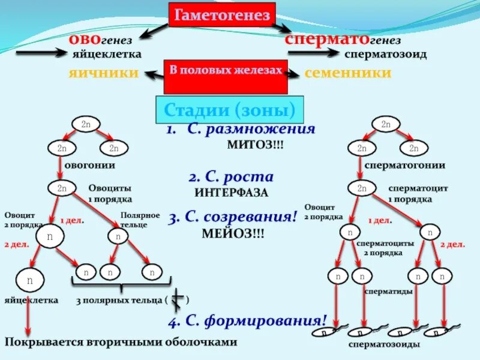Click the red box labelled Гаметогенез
(x=222, y=16)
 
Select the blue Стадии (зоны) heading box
(x=230, y=110)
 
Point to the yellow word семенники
(x=348, y=73)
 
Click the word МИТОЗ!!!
(x=256, y=145)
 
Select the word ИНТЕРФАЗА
(x=231, y=193)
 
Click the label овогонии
(x=90, y=164)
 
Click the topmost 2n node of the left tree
(x=86, y=124)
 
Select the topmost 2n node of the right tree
(x=386, y=124)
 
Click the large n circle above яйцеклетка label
(x=29, y=280)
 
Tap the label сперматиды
(x=388, y=291)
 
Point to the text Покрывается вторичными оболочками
(x=121, y=341)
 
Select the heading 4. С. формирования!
(x=247, y=320)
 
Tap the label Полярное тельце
(x=140, y=219)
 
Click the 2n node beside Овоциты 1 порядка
(x=62, y=188)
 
